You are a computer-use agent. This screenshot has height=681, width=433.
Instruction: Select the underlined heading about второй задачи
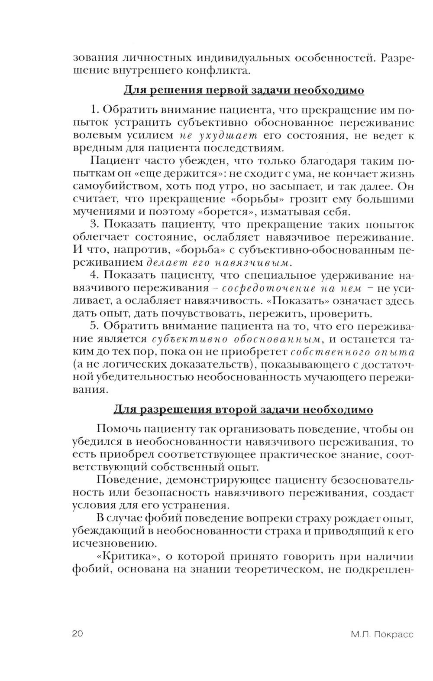[x=243, y=410]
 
